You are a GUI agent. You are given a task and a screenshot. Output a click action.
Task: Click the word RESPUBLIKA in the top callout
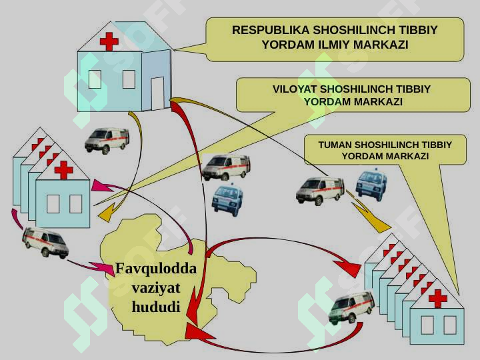tap(271, 30)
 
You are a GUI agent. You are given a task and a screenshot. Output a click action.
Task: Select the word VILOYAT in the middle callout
tap(295, 89)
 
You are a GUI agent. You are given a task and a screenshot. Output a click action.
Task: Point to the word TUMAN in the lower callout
tap(335, 145)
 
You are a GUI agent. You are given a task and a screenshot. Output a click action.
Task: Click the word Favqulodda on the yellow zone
tap(156, 269)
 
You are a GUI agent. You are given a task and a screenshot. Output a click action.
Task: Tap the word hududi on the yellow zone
tap(156, 307)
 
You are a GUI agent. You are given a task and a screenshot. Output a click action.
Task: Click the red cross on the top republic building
tap(109, 41)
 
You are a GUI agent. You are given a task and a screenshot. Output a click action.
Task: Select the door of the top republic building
tap(157, 93)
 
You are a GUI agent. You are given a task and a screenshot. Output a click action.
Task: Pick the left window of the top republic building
tap(95, 79)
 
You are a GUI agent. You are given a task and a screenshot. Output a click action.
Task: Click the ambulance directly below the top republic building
tap(107, 141)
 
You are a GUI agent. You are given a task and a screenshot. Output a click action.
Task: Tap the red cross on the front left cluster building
tap(64, 170)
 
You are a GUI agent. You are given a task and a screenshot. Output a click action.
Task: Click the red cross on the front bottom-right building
tap(438, 299)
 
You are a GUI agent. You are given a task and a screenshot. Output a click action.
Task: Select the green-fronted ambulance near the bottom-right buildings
tap(351, 307)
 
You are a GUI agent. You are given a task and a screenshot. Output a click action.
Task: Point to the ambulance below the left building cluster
tap(45, 243)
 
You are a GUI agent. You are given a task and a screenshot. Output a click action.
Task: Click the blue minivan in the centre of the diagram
tap(227, 199)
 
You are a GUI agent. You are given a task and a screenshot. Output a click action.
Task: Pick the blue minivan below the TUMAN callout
tap(371, 185)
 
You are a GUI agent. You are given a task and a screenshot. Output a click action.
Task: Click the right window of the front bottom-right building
tap(450, 325)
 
